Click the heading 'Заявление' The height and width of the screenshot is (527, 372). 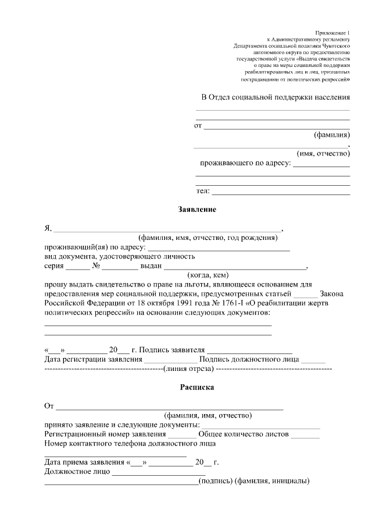(197, 210)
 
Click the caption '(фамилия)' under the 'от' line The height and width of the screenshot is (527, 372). (332, 135)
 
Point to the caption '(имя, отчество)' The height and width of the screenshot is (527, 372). (323, 154)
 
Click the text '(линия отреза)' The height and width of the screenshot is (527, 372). (189, 369)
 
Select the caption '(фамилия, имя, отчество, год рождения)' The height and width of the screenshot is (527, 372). (208, 238)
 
